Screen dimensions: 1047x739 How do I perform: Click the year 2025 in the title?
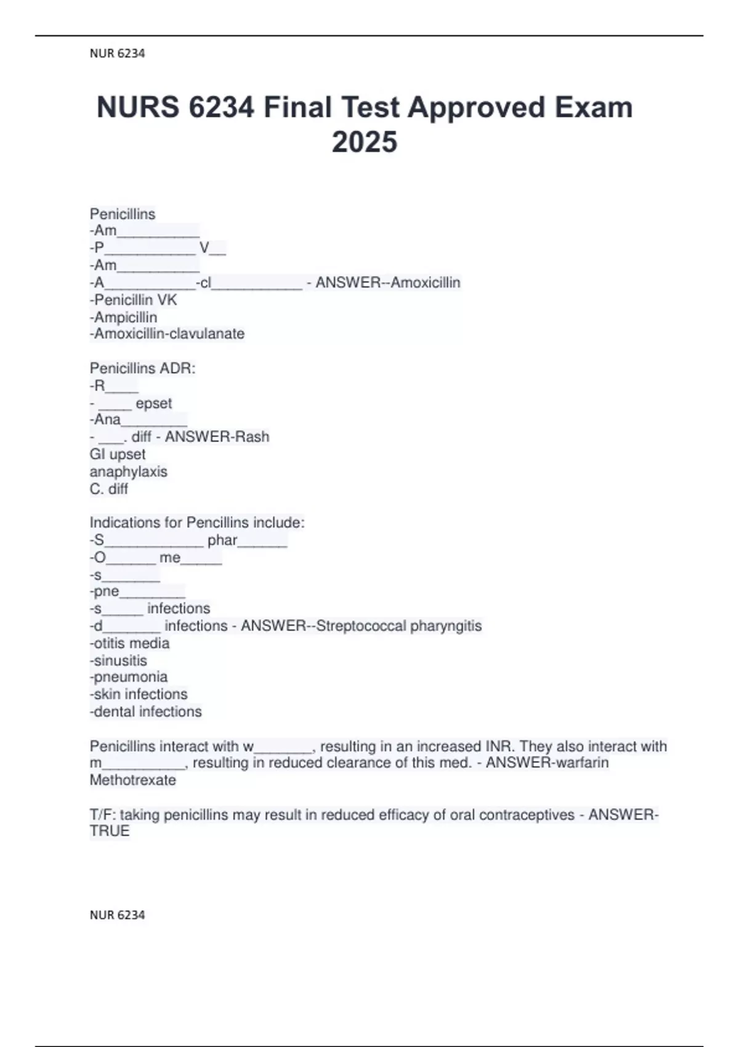[x=365, y=142]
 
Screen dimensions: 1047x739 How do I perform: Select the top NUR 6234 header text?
[x=117, y=54]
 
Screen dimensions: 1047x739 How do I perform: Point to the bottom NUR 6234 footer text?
[x=117, y=915]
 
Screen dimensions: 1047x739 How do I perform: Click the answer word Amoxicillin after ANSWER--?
[x=426, y=283]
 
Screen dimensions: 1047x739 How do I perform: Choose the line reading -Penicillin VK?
[x=134, y=300]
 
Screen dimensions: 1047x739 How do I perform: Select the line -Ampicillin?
[x=124, y=317]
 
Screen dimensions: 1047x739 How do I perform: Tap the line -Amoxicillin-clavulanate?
[x=168, y=334]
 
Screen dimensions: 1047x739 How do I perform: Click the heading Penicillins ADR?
[x=143, y=368]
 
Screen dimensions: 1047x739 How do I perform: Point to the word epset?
[x=154, y=403]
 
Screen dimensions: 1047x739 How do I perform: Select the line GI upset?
[x=118, y=455]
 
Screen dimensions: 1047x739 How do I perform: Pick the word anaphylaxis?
[x=129, y=472]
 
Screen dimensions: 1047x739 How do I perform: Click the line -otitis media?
[x=130, y=643]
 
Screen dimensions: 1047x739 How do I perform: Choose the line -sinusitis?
[x=119, y=661]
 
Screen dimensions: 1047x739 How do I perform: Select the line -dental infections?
[x=146, y=712]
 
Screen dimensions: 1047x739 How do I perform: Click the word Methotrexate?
[x=133, y=780]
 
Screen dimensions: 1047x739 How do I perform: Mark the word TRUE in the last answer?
[x=110, y=831]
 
